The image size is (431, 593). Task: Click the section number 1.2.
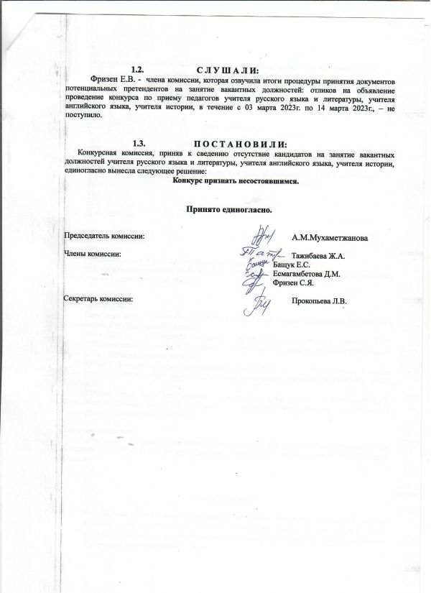pyautogui.click(x=140, y=69)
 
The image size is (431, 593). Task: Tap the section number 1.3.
pyautogui.click(x=140, y=144)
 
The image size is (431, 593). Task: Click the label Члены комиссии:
pyautogui.click(x=93, y=254)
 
